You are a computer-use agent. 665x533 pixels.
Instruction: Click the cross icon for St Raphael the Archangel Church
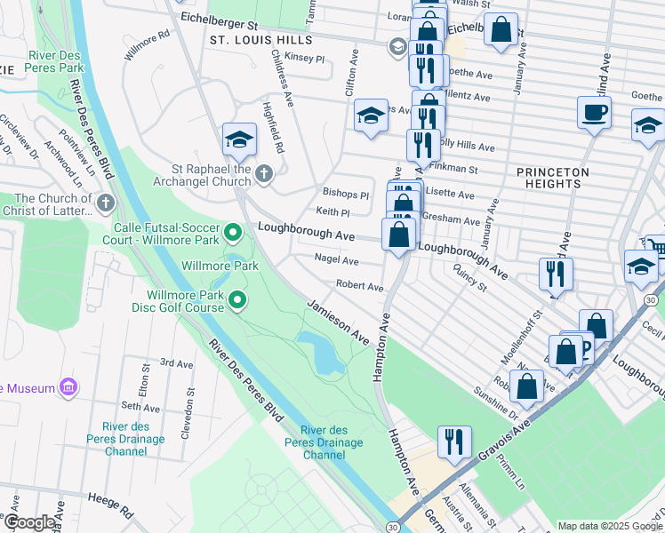[264, 173]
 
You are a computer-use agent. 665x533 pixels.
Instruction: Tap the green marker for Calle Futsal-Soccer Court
[234, 234]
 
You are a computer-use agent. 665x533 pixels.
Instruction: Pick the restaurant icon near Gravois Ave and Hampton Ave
[453, 442]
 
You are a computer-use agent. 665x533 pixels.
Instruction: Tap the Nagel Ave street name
[337, 260]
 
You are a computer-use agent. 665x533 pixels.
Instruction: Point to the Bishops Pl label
[345, 194]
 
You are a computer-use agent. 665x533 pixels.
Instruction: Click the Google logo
[29, 523]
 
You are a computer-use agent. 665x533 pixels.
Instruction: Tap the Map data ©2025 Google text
[610, 525]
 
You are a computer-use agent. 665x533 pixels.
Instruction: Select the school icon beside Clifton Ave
[371, 115]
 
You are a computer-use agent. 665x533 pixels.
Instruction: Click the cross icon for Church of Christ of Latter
[106, 204]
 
